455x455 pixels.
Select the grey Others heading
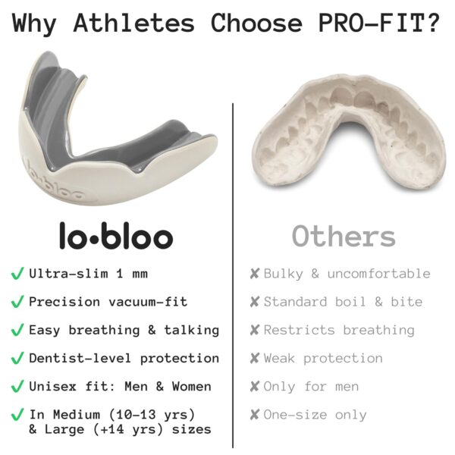click(344, 236)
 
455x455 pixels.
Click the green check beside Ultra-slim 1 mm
click(17, 273)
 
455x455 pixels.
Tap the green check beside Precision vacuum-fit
click(17, 301)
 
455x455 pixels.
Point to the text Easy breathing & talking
click(124, 330)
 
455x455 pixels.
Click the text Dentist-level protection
click(124, 358)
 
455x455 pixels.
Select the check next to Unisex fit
click(17, 386)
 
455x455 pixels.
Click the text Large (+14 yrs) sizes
click(120, 429)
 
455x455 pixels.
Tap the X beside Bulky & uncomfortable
click(255, 273)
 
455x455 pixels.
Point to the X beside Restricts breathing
click(255, 330)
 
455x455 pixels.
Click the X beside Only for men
click(255, 386)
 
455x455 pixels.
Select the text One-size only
click(315, 415)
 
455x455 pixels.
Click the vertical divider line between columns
click(233, 265)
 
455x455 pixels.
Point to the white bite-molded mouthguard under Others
click(341, 129)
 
